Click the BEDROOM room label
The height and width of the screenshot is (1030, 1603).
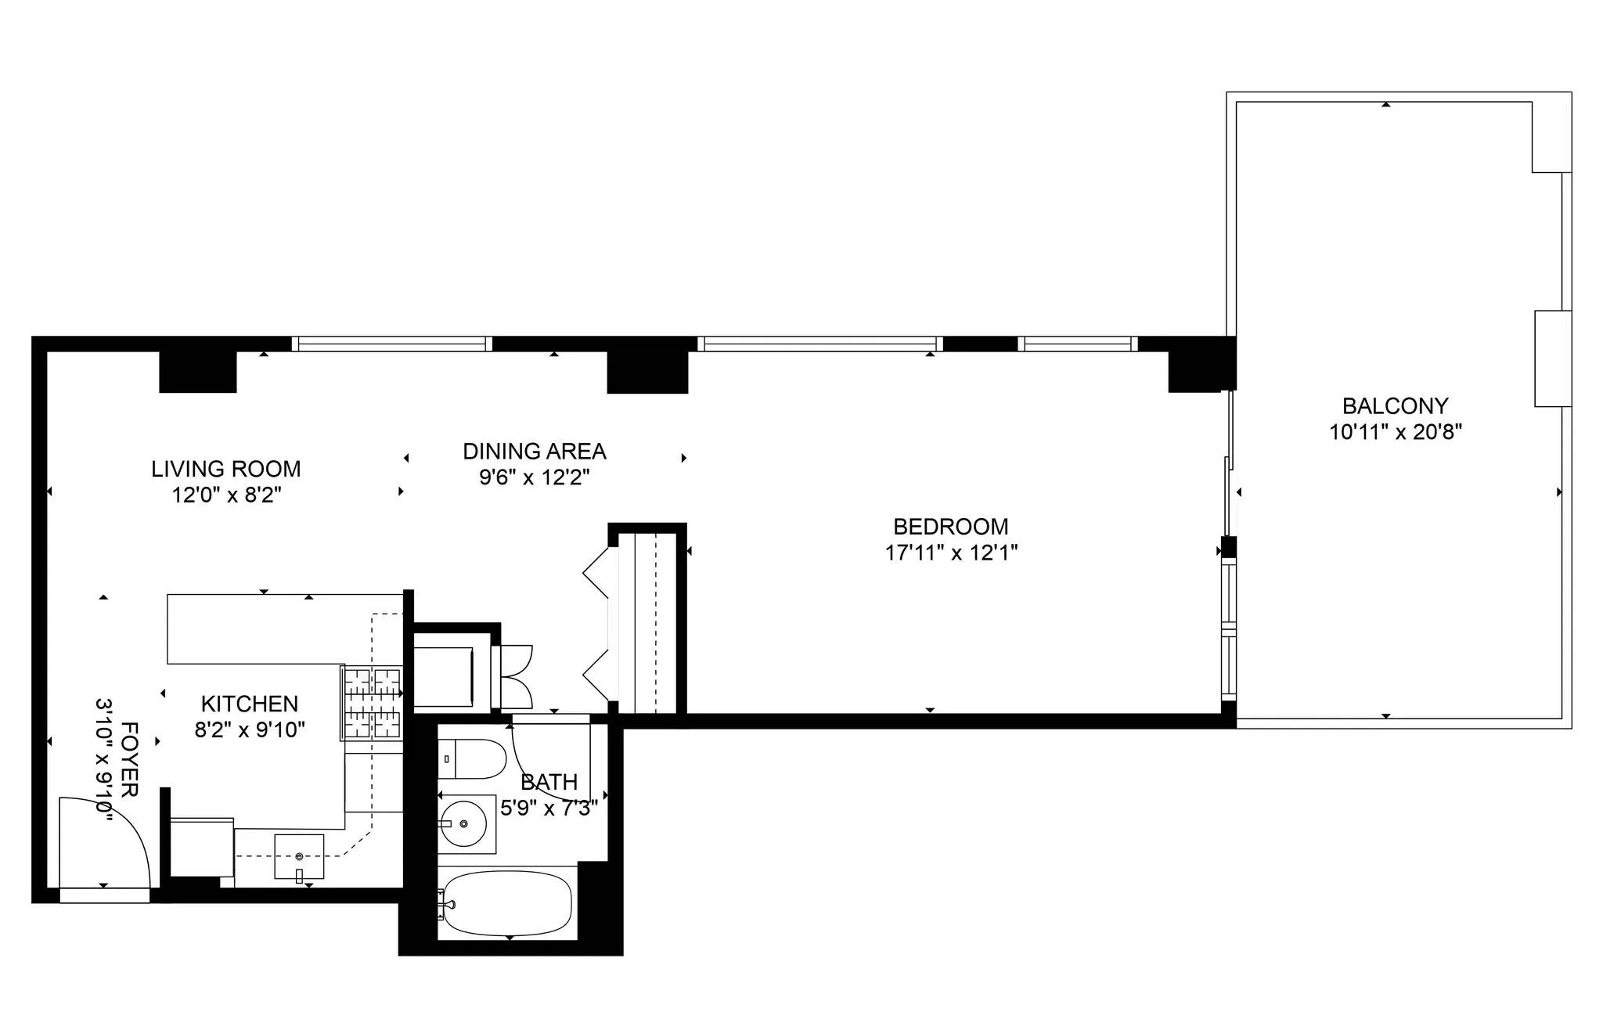click(950, 527)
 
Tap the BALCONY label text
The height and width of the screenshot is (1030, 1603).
click(1395, 406)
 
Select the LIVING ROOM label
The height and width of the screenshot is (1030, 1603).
click(225, 470)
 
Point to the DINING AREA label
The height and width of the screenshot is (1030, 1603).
click(534, 452)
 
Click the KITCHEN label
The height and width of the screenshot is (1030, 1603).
click(249, 704)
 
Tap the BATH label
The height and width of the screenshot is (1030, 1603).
click(549, 782)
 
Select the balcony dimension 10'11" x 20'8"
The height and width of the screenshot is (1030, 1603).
click(1395, 432)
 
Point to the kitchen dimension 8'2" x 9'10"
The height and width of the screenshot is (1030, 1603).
click(249, 730)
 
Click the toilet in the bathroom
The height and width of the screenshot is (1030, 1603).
click(472, 758)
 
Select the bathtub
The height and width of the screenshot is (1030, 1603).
click(506, 902)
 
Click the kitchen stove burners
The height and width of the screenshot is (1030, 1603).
click(372, 703)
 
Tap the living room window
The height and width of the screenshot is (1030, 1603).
click(391, 344)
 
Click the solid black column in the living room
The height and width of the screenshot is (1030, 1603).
click(197, 372)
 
